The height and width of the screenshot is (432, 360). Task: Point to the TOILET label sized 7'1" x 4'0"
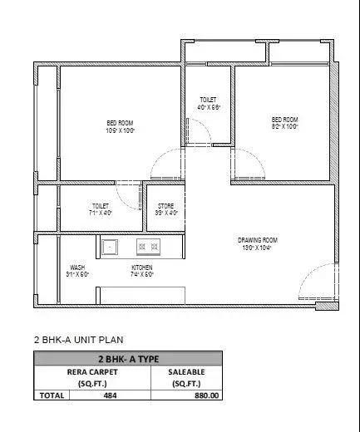101,208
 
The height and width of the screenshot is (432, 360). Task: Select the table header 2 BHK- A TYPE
128,359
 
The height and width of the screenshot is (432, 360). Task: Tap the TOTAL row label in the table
50,395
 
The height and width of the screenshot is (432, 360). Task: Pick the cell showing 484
110,395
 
